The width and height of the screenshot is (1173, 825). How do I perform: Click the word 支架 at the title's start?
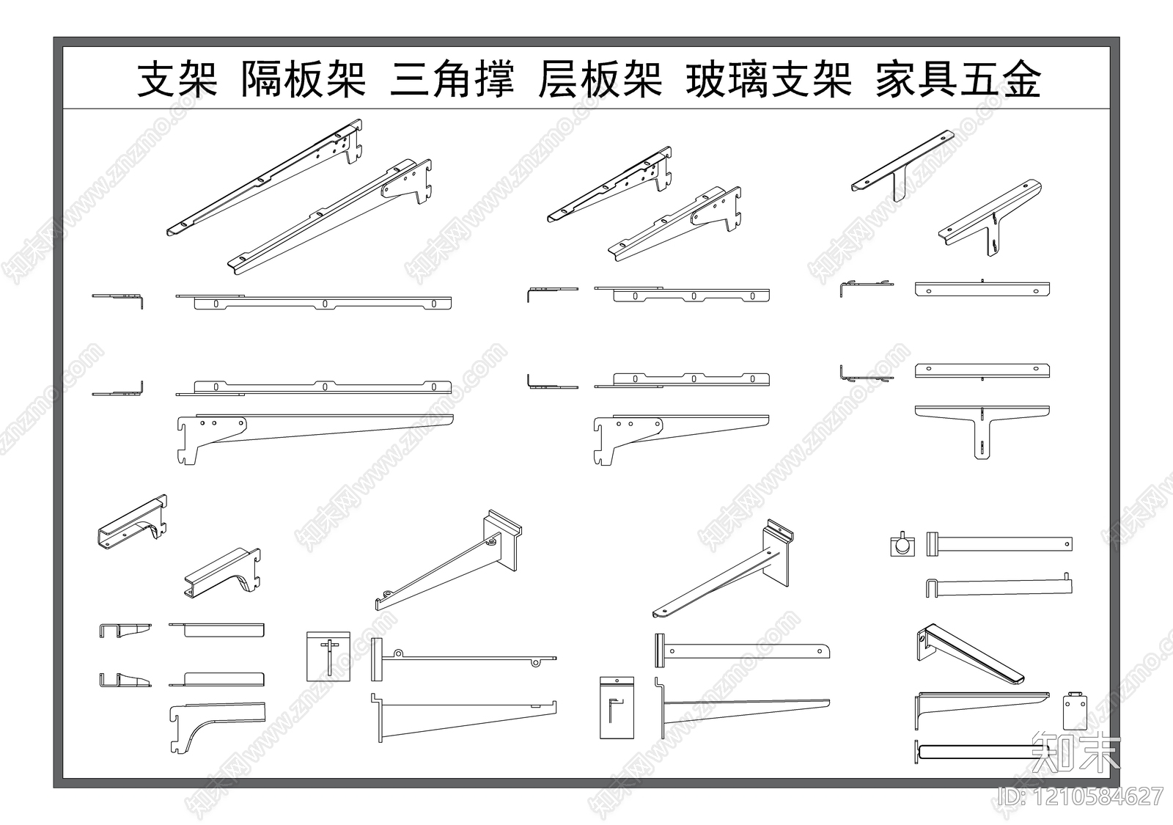click(x=177, y=79)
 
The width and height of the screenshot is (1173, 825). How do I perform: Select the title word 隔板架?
click(x=304, y=79)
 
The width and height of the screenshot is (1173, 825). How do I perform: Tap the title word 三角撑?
click(x=452, y=79)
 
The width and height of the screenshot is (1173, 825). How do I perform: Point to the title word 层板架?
click(x=600, y=79)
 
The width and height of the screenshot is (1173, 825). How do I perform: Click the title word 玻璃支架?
click(x=768, y=79)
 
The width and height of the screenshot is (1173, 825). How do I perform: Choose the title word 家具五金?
click(x=957, y=79)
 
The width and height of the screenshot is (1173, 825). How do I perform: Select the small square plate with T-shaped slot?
click(x=328, y=656)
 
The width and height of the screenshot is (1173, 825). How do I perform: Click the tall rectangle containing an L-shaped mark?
click(x=616, y=708)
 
